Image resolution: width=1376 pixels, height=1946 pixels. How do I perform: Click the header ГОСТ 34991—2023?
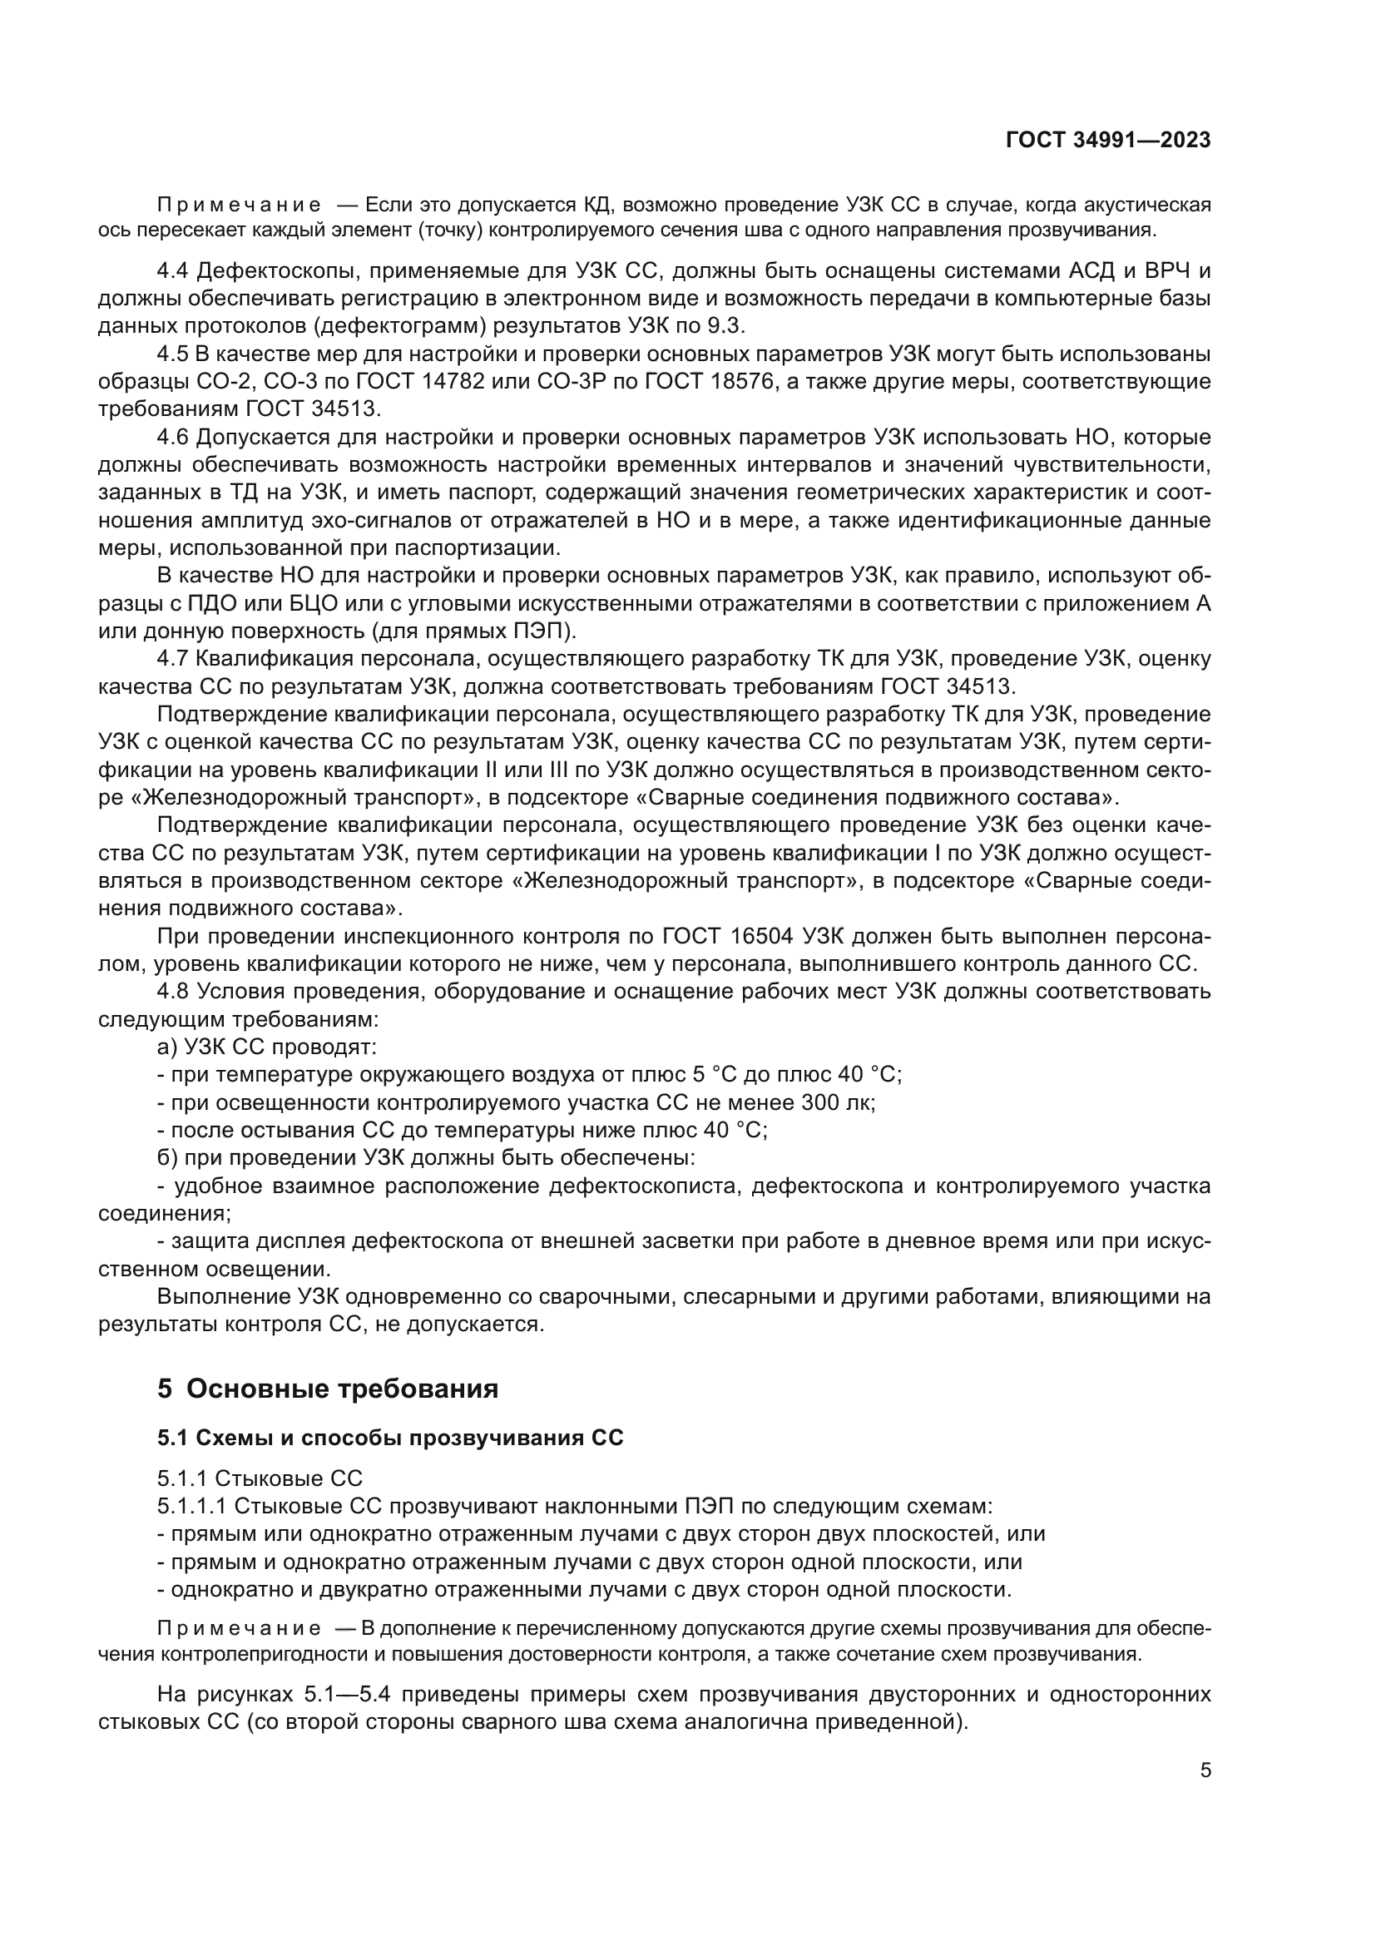[1107, 141]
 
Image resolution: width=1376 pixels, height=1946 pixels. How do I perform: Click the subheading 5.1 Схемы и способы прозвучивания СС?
[389, 1438]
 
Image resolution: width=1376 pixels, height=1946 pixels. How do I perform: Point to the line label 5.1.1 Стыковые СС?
[260, 1479]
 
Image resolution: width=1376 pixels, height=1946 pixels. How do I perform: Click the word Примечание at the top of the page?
[239, 206]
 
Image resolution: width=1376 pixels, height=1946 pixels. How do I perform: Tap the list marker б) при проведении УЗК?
[167, 1158]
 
